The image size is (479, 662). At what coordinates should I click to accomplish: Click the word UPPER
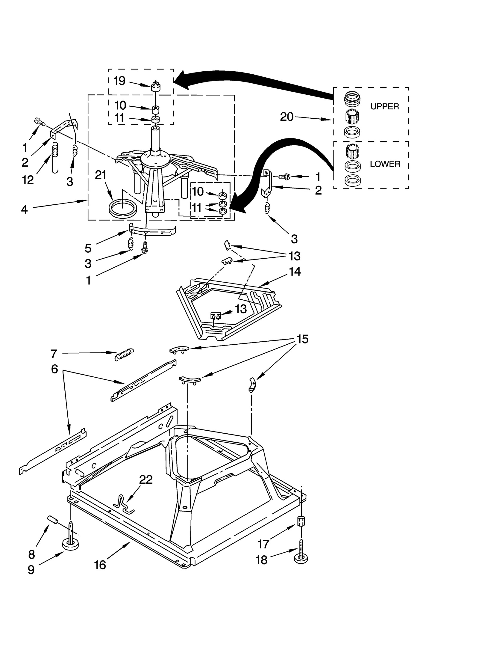(384, 106)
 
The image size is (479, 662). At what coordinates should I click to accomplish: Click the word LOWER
(385, 164)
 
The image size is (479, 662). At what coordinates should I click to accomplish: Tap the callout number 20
(287, 117)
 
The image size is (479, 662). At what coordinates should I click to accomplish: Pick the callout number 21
(101, 175)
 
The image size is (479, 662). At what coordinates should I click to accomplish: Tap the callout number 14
(295, 272)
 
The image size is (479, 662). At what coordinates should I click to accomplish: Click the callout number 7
(54, 354)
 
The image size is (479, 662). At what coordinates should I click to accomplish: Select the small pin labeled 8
(52, 519)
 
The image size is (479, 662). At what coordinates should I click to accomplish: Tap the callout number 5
(88, 248)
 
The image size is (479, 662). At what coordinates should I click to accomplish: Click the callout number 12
(28, 180)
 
